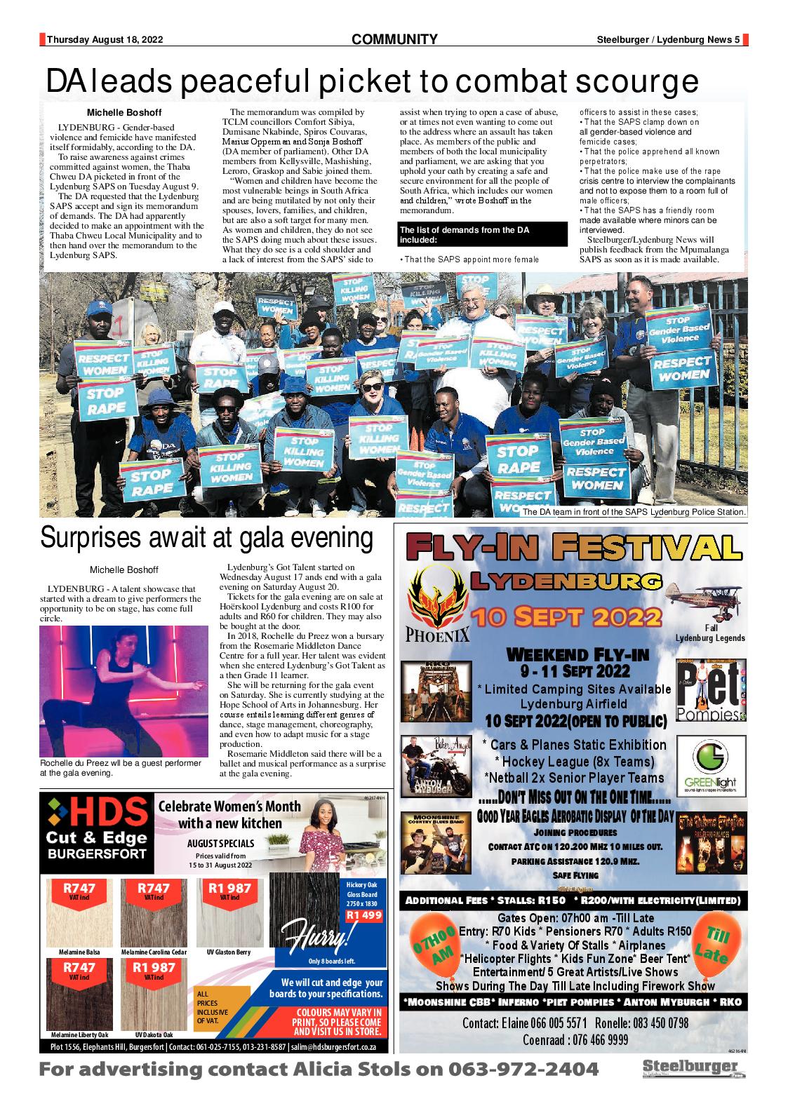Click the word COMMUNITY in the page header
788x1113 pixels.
(x=394, y=40)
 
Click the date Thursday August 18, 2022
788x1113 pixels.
(x=105, y=41)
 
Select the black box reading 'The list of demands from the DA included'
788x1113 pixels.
(x=481, y=234)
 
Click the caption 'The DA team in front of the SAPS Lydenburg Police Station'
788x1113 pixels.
(x=633, y=513)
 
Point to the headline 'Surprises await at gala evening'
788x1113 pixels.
(x=206, y=539)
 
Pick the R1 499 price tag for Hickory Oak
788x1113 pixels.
(x=363, y=915)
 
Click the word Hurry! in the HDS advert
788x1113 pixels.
(x=316, y=936)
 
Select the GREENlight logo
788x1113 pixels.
(x=711, y=764)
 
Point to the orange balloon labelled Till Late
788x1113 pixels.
(x=716, y=944)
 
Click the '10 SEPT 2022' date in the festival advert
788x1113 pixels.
(x=567, y=616)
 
